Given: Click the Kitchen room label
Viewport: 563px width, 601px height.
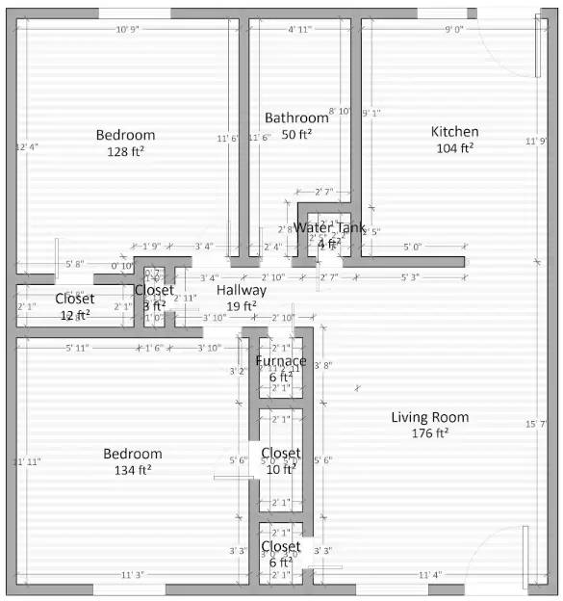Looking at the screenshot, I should (x=454, y=132).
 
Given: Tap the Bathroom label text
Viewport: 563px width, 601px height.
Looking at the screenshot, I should (x=291, y=118).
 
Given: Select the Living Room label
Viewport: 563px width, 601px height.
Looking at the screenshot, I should (x=430, y=417).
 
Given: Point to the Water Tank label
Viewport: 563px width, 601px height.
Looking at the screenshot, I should (x=329, y=228).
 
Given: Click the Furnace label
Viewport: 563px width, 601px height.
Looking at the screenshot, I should (x=280, y=361).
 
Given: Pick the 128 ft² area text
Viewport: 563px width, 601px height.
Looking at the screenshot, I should (x=125, y=151).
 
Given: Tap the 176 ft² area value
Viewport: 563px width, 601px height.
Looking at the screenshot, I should (x=430, y=433).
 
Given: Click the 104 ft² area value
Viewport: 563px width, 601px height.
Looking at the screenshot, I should (x=454, y=148).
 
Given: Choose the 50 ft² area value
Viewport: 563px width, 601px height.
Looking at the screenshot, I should (x=291, y=134).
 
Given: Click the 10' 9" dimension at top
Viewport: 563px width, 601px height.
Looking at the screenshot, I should (x=127, y=30).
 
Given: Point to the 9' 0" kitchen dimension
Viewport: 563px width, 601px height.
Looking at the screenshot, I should (x=453, y=30).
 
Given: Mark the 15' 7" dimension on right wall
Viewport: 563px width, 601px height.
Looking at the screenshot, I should (x=536, y=425).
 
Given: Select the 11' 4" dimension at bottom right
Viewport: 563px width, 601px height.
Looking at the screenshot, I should (x=430, y=575).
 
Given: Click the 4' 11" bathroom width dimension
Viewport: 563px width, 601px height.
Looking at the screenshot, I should (x=300, y=30).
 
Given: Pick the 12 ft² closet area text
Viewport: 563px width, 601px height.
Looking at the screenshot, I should (x=75, y=315).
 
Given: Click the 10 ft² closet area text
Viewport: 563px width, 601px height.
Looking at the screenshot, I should (x=280, y=469).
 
